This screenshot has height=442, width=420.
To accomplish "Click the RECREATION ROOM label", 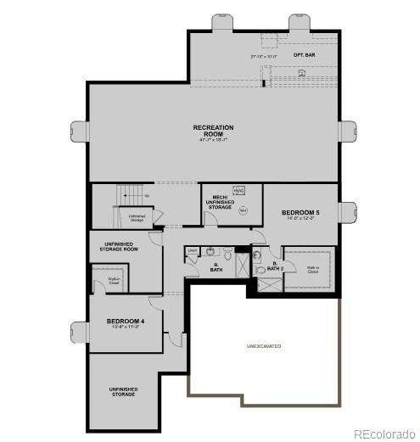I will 213,131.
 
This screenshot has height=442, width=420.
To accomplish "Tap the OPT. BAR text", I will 305,55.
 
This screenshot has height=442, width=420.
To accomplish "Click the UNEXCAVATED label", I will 264,346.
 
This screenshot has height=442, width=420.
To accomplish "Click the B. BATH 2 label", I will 270,267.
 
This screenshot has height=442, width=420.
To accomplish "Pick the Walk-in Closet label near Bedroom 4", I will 114,281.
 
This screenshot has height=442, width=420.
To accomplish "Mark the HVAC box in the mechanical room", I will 239,191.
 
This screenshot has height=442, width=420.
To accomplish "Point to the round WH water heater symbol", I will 243,211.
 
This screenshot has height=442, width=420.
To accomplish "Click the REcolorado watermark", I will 384,434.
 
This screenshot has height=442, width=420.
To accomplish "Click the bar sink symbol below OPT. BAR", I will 302,73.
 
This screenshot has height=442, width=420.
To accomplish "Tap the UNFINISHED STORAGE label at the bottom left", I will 123,391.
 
